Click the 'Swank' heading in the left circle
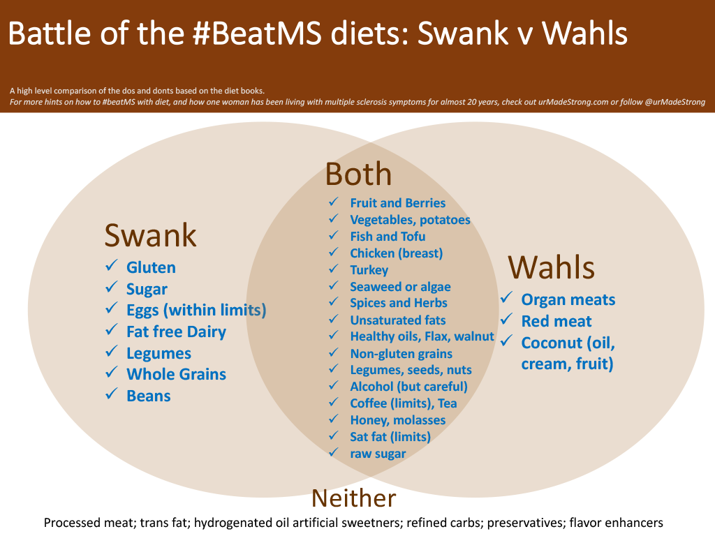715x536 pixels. [x=151, y=235]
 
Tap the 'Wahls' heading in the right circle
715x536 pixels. [x=552, y=267]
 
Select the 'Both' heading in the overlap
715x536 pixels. [x=358, y=174]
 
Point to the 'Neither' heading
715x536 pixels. [x=354, y=498]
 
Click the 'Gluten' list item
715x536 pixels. [x=151, y=267]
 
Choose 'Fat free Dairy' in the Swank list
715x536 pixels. [x=176, y=332]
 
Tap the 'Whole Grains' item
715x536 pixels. [x=177, y=374]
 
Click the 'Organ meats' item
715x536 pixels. [x=568, y=300]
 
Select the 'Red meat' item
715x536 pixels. [x=556, y=321]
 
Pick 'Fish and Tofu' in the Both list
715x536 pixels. [x=388, y=237]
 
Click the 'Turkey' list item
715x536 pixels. [x=369, y=270]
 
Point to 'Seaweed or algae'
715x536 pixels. [x=400, y=287]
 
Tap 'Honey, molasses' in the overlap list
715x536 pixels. [x=397, y=420]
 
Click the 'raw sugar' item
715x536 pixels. [x=378, y=454]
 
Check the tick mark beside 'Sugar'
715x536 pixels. [x=112, y=287]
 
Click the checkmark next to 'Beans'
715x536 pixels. [x=112, y=394]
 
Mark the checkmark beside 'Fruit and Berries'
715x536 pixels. [x=334, y=202]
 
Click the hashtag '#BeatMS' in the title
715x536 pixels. [x=258, y=33]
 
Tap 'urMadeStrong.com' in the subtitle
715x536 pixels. [x=573, y=102]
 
